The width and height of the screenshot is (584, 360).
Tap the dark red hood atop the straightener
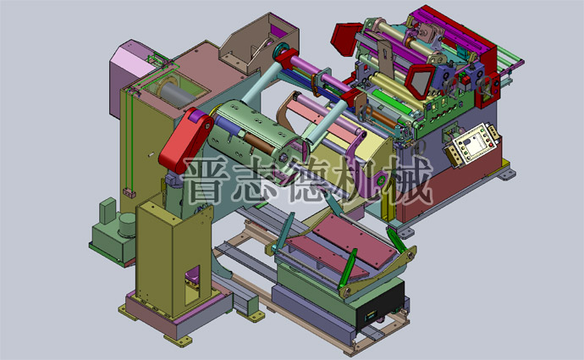348,37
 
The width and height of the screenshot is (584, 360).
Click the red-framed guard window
418,79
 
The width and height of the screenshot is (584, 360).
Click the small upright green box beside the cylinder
107,209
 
